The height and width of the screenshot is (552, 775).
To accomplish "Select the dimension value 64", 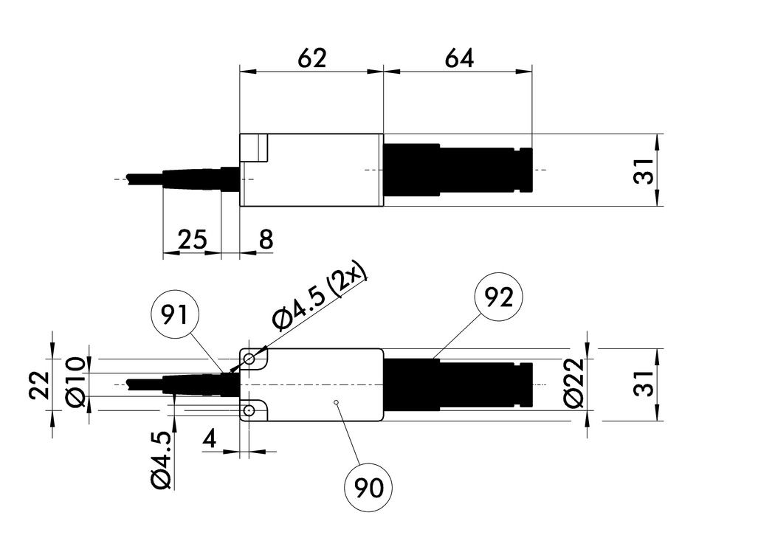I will coord(458,58).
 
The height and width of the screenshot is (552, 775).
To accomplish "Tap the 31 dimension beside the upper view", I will coord(645,172).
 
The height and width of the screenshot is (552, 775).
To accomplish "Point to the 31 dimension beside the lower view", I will coord(645,384).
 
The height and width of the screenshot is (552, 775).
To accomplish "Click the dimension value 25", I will coord(192,239).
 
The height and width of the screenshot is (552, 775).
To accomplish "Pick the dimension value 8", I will coord(266,239).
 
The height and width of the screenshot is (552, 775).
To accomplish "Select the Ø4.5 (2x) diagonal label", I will coord(320,297).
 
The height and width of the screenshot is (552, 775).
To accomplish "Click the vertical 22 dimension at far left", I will coord(41,384).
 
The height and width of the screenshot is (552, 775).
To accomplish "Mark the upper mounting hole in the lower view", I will coord(250,359).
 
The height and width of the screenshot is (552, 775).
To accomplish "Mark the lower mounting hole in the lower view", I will coord(250,409).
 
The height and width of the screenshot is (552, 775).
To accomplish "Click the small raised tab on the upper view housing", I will coord(255,148).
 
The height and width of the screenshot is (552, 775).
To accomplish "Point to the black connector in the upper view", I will coord(458,170).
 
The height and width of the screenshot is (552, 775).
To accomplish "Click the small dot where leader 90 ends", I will coord(336,402).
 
